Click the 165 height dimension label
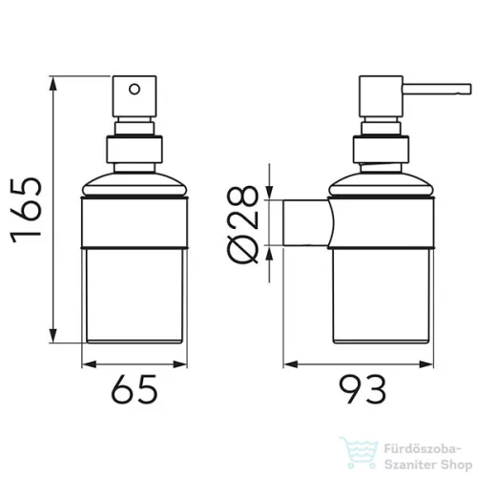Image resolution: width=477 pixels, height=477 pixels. pyautogui.click(x=27, y=210)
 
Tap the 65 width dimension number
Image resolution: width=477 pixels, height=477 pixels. pyautogui.click(x=135, y=389)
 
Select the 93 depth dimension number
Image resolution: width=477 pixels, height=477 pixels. pyautogui.click(x=363, y=389)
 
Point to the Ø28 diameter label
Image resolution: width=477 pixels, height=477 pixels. pyautogui.click(x=243, y=225)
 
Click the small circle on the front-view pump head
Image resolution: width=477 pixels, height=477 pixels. pyautogui.click(x=135, y=89)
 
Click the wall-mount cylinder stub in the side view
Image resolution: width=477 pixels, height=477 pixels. pyautogui.click(x=306, y=222)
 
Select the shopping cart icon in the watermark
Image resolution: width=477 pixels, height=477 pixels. pyautogui.click(x=360, y=452)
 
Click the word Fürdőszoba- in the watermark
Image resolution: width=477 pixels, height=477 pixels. pyautogui.click(x=423, y=449)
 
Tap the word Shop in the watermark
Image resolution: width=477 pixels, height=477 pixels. pyautogui.click(x=456, y=466)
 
